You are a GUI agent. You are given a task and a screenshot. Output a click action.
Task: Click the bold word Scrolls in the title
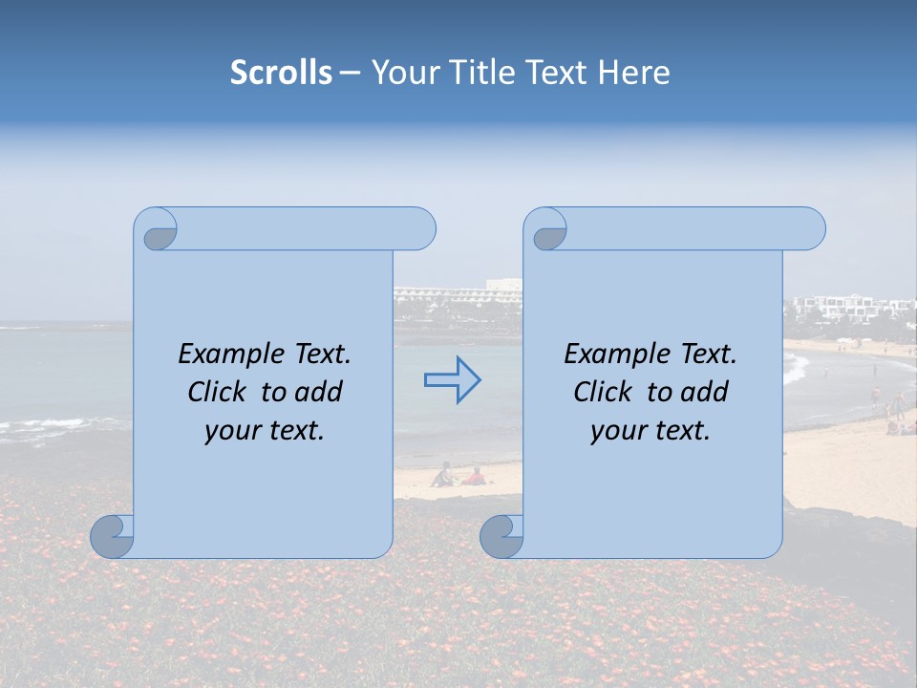coord(281,73)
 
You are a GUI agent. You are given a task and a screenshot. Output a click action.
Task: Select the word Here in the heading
coord(634,73)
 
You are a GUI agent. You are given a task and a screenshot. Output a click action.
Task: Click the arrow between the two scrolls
coord(452,380)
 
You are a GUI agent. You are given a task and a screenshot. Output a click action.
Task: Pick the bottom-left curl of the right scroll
coord(501,536)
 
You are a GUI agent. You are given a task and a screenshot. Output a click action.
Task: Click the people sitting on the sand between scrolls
coord(458,476)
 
